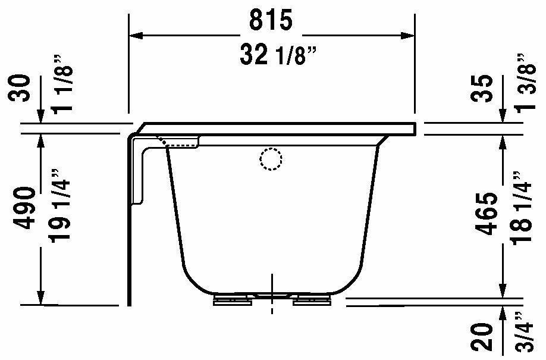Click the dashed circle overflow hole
click(x=270, y=159)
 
